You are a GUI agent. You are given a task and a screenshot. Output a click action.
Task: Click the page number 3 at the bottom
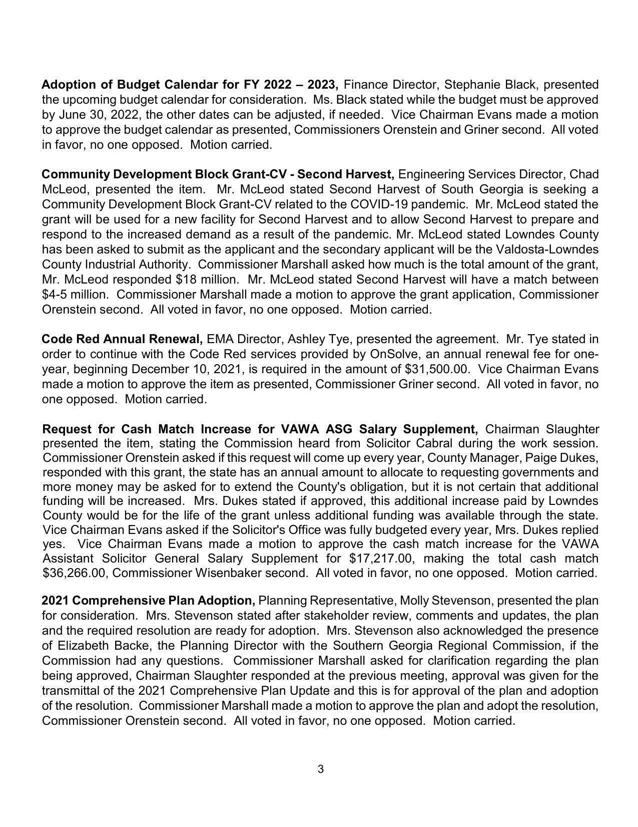pos(320,769)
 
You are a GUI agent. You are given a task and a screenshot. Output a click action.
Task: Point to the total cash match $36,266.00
pos(75,573)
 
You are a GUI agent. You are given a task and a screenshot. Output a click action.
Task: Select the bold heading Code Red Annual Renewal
pos(122,340)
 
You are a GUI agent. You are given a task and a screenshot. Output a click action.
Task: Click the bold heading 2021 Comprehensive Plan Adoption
pos(148,601)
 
